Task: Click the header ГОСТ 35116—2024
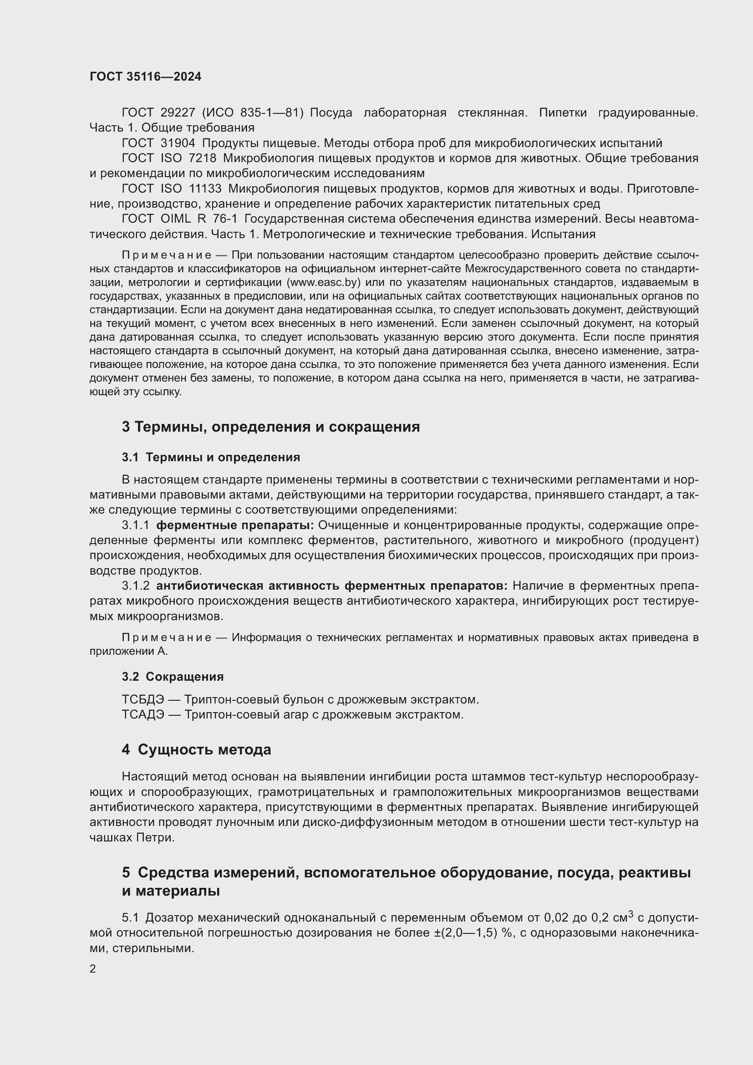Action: point(146,77)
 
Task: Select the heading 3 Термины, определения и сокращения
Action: point(271,427)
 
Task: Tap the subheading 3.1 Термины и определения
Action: point(211,457)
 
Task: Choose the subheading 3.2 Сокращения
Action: point(173,677)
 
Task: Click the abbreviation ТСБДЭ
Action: point(143,699)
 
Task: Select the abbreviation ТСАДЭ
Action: point(143,715)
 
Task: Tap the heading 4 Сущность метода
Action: point(197,750)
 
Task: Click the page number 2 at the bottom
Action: point(93,969)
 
